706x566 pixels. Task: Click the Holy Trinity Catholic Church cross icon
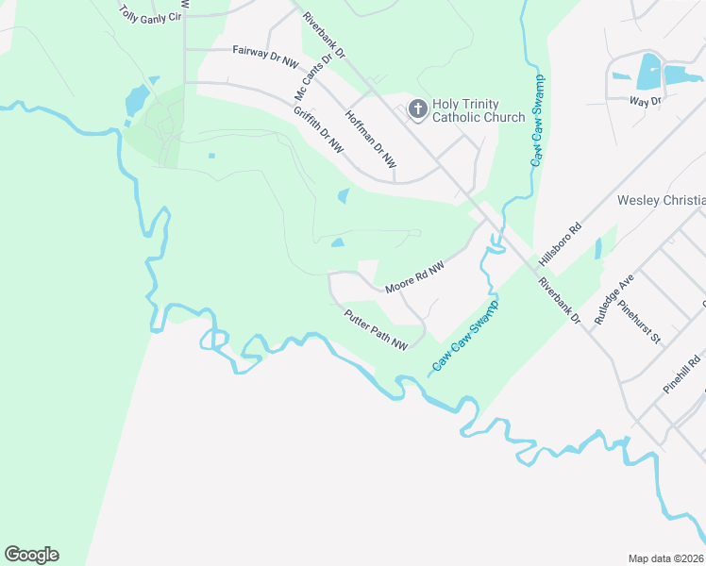click(x=416, y=110)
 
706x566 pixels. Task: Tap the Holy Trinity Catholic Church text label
click(x=479, y=110)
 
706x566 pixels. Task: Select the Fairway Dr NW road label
click(x=265, y=57)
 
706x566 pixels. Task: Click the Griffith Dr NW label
click(x=318, y=131)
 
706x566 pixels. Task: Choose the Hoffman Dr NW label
click(x=371, y=135)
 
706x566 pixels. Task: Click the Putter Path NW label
click(x=376, y=331)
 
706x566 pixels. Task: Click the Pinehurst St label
click(x=639, y=320)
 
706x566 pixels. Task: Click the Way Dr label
click(x=647, y=99)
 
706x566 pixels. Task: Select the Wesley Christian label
click(x=661, y=200)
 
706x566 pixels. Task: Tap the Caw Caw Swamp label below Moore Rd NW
click(x=466, y=334)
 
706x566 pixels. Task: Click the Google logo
click(x=31, y=555)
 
